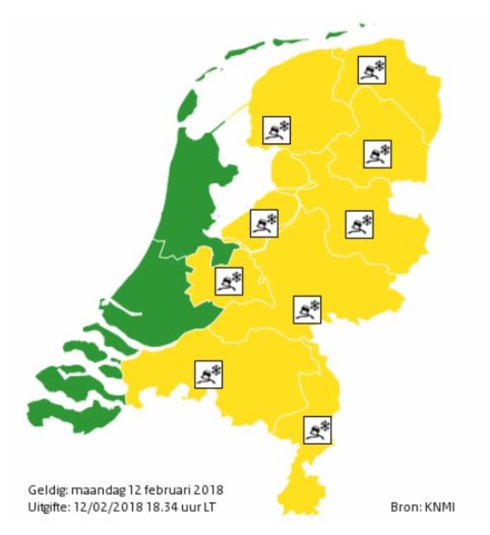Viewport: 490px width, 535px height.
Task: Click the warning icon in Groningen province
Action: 372,69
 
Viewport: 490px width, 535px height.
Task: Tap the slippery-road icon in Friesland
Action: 276,130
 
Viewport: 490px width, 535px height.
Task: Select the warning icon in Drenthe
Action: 378,153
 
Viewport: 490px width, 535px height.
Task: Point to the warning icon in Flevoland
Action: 264,223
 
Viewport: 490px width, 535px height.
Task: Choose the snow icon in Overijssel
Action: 359,225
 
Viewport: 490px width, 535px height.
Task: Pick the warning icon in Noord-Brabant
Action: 208,373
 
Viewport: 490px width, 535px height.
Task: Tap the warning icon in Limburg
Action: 318,429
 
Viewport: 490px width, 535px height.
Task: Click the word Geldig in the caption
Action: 44,490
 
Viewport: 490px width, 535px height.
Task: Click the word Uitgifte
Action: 47,506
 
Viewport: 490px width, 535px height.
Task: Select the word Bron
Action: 402,507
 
